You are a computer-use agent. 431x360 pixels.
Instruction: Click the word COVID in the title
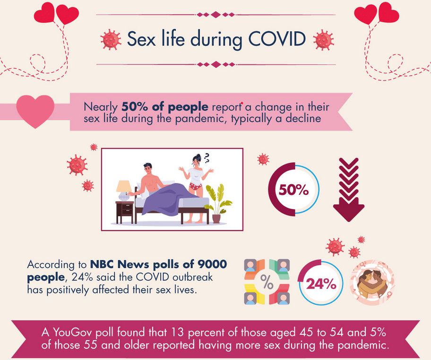pos(277,39)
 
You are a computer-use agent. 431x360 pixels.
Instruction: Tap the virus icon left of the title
pos(111,40)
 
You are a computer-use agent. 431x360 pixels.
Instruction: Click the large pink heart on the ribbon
pos(35,111)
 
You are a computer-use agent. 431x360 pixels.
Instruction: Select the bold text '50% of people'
pos(165,106)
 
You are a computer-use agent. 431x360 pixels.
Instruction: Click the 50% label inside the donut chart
pos(293,190)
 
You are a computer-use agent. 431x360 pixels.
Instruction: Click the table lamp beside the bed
pos(124,191)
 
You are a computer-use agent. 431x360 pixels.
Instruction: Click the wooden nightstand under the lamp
pos(124,212)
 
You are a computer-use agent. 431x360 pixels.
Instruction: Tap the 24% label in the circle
pos(321,283)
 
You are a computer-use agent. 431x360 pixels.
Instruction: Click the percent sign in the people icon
pos(267,281)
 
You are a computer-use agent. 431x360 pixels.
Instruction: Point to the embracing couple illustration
pos(372,282)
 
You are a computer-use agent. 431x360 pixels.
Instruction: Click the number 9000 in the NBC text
pos(212,264)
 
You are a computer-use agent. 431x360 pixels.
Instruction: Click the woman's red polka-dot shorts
pos(196,186)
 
